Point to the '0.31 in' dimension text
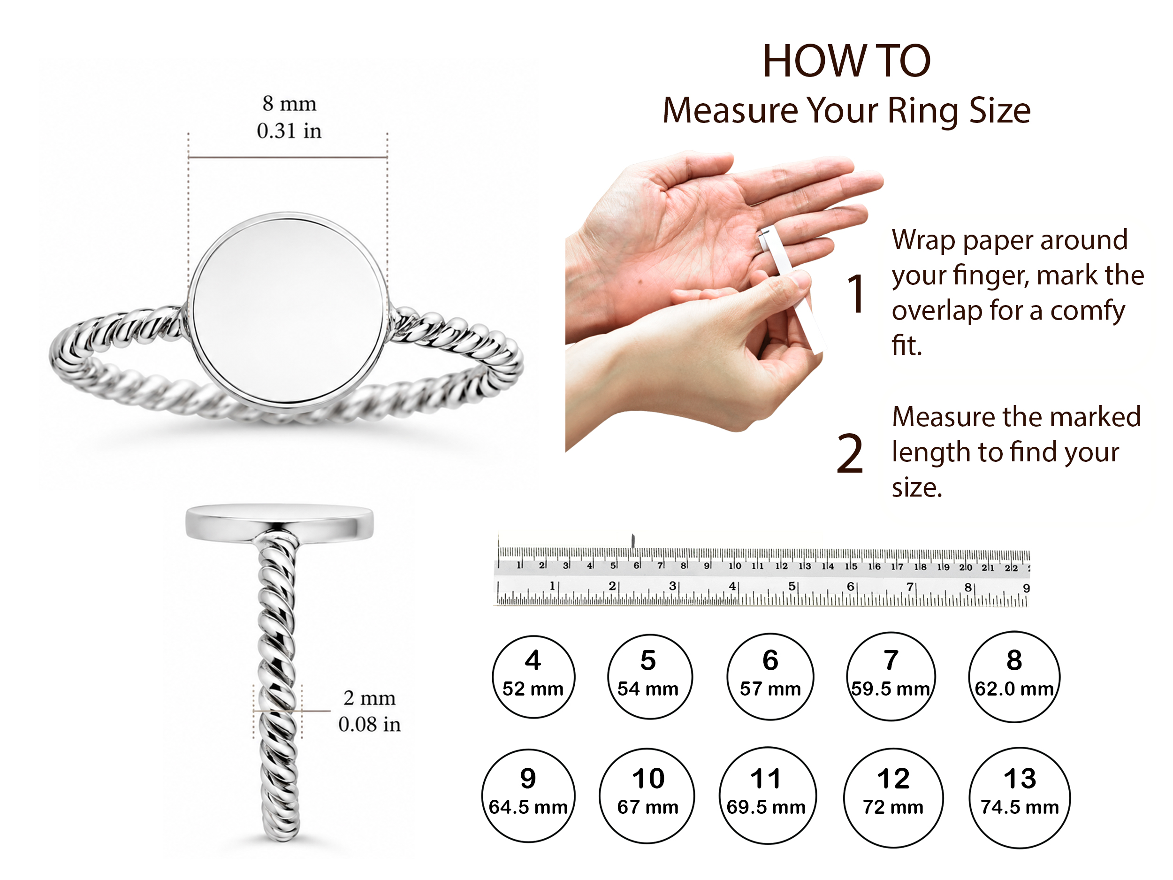(289, 130)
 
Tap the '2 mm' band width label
(369, 698)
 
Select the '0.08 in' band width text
(369, 725)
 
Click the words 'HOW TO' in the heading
(846, 61)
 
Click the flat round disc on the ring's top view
(288, 310)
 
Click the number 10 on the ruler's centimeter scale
(734, 566)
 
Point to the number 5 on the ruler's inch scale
(791, 586)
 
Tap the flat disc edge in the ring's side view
(280, 524)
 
